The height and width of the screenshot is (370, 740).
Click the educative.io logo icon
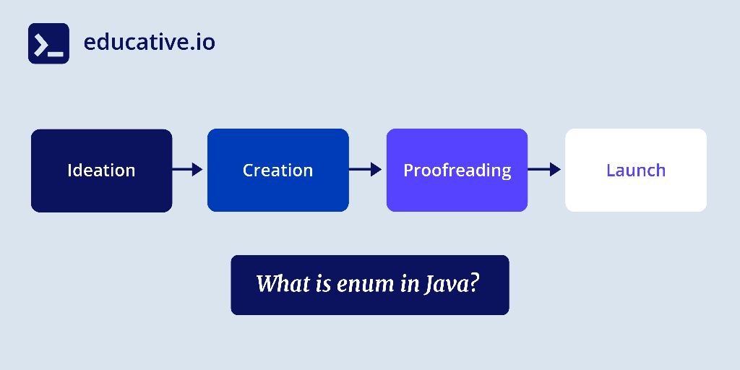48,43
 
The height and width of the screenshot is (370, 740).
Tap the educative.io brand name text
149,43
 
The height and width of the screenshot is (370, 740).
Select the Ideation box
101,171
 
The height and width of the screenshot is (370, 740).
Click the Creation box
278,171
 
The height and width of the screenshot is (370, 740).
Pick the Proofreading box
457,171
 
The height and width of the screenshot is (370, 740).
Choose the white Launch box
636,171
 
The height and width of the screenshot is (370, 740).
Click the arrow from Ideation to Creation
187,169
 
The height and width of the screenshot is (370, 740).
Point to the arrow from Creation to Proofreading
365,169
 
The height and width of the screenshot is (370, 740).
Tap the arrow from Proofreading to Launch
544,169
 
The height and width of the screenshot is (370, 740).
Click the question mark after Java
474,283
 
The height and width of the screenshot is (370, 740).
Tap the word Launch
636,171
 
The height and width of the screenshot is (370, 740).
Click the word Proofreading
457,171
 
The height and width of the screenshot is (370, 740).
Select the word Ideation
101,171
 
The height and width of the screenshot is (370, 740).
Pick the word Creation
278,171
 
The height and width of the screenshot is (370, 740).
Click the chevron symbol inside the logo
41,46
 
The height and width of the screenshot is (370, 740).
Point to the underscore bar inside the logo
56,54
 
